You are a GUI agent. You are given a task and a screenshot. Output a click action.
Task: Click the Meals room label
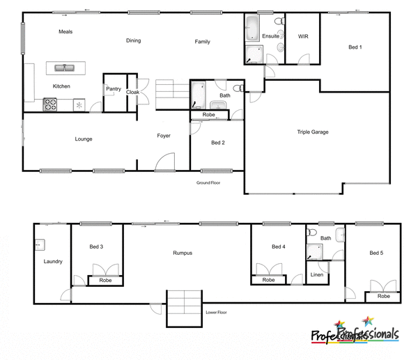[65, 32]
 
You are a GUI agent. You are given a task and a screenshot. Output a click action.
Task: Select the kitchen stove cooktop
[51, 104]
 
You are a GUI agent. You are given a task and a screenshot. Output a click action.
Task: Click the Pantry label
[114, 89]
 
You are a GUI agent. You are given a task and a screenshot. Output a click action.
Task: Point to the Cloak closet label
[132, 91]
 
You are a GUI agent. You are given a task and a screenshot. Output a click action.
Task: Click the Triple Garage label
[312, 132]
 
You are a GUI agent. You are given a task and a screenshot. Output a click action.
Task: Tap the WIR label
[303, 36]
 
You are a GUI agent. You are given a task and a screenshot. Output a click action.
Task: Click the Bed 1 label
[355, 47]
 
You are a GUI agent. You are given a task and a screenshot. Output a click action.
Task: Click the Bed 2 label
[217, 143]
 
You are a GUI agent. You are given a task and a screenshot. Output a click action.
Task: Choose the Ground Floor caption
[208, 182]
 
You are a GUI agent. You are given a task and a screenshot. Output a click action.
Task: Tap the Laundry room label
[53, 262]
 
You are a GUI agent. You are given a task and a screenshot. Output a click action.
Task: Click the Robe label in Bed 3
[105, 281]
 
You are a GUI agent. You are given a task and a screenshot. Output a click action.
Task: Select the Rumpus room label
[183, 253]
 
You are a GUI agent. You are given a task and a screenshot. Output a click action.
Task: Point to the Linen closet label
[316, 275]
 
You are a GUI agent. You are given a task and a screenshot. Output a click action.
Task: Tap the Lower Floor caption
[216, 313]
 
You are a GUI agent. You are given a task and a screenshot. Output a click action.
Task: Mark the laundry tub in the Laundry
[40, 244]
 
